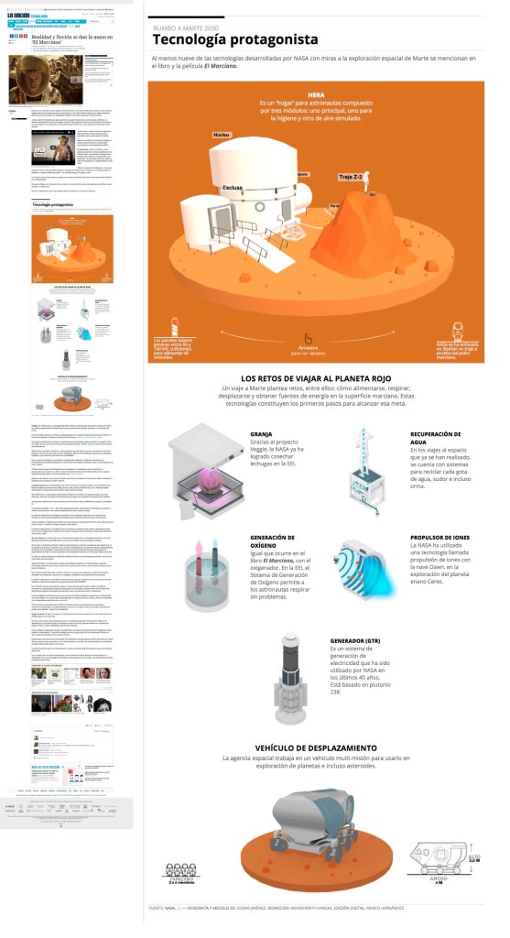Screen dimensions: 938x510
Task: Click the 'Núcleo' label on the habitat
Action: click(x=221, y=135)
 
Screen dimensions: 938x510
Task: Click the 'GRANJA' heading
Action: click(x=263, y=436)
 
